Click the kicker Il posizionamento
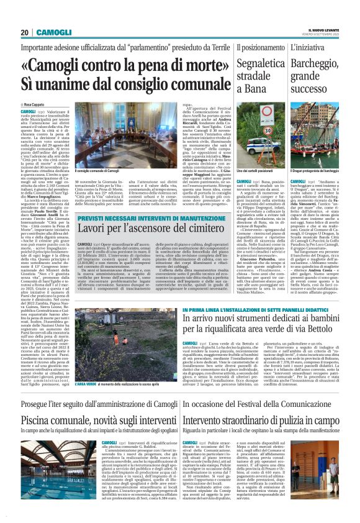256,47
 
